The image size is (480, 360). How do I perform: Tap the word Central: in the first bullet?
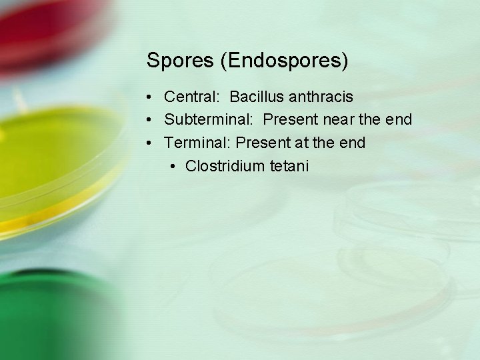pyautogui.click(x=191, y=97)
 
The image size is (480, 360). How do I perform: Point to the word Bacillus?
pyautogui.click(x=256, y=97)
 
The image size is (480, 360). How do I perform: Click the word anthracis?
pyautogui.click(x=321, y=97)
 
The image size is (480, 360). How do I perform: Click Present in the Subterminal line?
pyautogui.click(x=291, y=120)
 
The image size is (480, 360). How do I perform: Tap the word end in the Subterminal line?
pyautogui.click(x=399, y=120)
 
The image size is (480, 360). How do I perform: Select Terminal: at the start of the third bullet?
pyautogui.click(x=197, y=143)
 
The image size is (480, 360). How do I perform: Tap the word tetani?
pyautogui.click(x=289, y=166)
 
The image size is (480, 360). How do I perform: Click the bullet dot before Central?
pyautogui.click(x=151, y=98)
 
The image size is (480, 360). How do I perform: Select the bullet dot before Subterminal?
pyautogui.click(x=151, y=121)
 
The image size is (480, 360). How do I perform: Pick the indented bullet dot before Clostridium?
pyautogui.click(x=173, y=167)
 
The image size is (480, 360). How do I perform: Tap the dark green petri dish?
pyautogui.click(x=47, y=313)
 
